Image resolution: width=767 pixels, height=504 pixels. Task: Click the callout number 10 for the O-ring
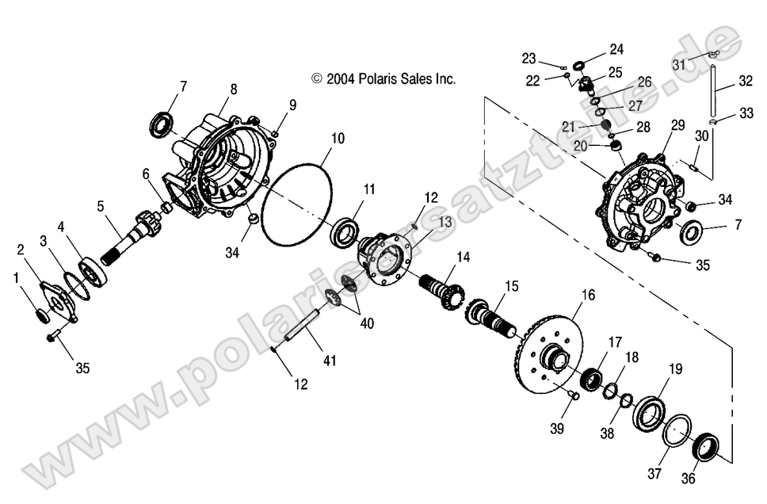(338, 139)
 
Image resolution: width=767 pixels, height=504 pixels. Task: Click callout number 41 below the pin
(330, 361)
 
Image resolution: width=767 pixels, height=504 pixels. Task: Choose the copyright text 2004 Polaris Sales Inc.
(383, 78)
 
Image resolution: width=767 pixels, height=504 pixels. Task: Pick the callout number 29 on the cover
(677, 125)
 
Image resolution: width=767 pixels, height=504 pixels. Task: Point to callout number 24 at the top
(616, 49)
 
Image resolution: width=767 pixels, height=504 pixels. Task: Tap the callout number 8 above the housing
(233, 90)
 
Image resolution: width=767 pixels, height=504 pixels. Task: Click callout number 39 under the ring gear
(558, 429)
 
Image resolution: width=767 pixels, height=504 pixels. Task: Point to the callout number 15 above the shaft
(512, 284)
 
